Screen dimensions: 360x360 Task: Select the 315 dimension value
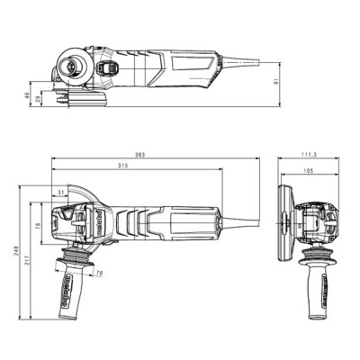click(137, 166)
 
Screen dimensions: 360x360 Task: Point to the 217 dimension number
click(29, 261)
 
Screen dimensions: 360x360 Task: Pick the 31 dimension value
click(60, 192)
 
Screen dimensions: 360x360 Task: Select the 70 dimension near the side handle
click(98, 273)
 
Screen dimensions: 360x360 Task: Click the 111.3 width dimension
click(309, 155)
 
